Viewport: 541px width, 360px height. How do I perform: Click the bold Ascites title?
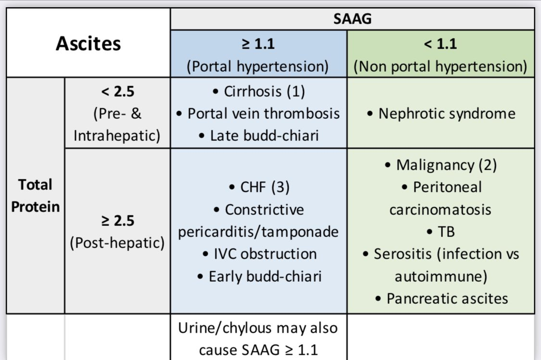click(x=88, y=44)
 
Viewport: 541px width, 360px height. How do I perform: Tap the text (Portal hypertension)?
click(x=258, y=66)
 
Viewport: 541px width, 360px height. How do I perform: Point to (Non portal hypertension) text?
click(x=440, y=66)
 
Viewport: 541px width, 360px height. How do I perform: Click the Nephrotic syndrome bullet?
click(x=440, y=113)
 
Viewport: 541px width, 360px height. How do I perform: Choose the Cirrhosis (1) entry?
click(x=258, y=91)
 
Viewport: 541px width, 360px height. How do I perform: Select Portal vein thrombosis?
click(x=258, y=113)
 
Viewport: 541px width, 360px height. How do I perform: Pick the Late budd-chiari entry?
click(x=258, y=135)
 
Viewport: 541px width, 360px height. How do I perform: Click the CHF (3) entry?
click(x=258, y=187)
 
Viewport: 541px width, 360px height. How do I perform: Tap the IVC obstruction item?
click(x=258, y=254)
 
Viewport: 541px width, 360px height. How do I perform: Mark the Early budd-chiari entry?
click(x=258, y=276)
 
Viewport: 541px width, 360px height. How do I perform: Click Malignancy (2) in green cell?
click(x=440, y=165)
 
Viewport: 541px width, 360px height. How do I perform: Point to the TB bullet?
click(x=440, y=232)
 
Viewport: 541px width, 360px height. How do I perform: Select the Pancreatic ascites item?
click(x=440, y=298)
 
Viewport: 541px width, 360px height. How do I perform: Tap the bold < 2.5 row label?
click(x=117, y=91)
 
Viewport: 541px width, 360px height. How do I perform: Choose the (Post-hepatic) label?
click(x=117, y=243)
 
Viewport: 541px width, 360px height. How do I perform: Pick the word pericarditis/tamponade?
click(x=258, y=232)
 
